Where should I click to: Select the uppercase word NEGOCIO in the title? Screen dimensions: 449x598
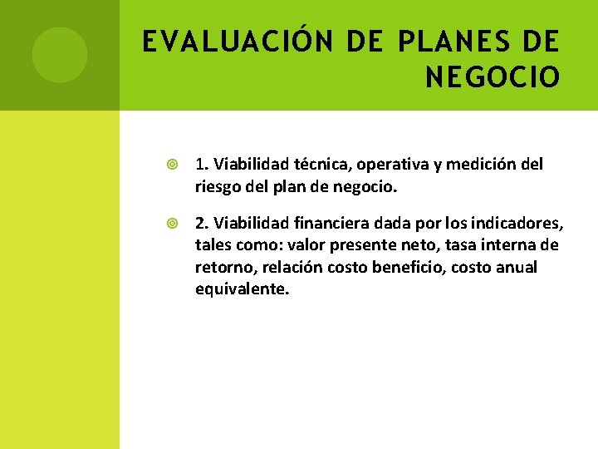pos(493,77)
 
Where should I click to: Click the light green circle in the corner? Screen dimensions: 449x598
pos(60,55)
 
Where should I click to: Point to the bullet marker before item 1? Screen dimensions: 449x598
pos(173,165)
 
